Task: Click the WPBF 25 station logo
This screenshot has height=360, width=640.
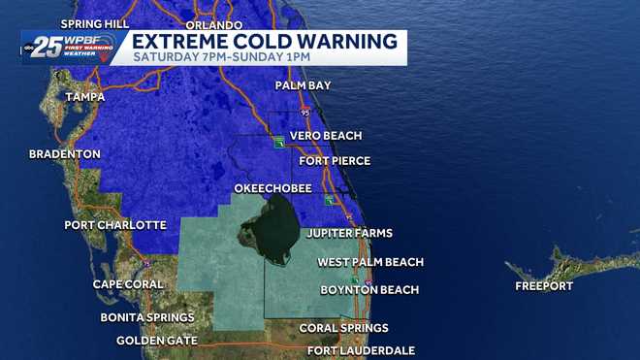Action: click(70, 46)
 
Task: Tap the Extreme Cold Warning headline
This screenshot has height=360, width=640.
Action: click(264, 41)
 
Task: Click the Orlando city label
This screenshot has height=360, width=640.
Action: click(212, 24)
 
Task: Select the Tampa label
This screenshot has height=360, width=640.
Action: click(84, 97)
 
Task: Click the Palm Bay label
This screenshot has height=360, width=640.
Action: click(303, 85)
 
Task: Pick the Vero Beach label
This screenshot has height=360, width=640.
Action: click(330, 136)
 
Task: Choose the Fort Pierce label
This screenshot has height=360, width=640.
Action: click(335, 160)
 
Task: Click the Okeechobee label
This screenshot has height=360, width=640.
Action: click(272, 187)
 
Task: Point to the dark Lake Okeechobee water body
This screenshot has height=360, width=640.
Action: click(269, 229)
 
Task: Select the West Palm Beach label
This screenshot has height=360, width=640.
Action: click(370, 262)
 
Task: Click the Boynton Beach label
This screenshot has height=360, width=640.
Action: click(369, 289)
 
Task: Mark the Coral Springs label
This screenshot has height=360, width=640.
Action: click(343, 328)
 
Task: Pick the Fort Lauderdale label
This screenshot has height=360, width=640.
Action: click(361, 350)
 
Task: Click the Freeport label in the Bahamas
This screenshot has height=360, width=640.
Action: click(544, 286)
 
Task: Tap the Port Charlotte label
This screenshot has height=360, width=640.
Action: click(115, 225)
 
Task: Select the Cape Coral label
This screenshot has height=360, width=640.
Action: click(132, 284)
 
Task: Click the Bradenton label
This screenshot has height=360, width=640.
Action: click(65, 154)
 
